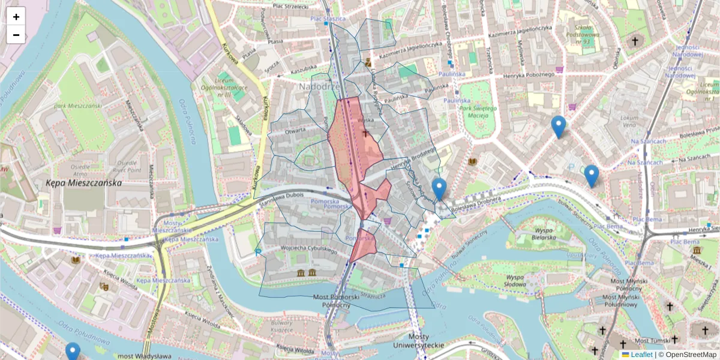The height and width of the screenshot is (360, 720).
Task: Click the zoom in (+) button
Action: point(16,17)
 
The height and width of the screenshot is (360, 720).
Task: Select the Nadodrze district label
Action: point(319,88)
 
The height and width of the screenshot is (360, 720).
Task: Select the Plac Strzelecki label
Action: point(290,7)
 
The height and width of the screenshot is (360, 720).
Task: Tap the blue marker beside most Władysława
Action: point(73,351)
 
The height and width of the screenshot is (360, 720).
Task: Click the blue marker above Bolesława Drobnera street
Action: point(439,188)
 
